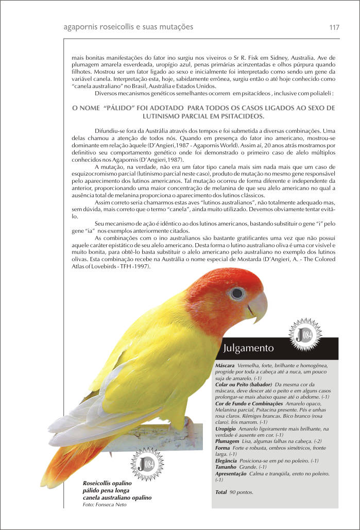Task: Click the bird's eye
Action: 237,294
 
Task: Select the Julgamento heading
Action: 248,348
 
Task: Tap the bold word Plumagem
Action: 227,441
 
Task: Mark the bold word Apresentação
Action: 231,473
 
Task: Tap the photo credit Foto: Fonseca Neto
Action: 105,504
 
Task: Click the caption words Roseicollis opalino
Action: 108,484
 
